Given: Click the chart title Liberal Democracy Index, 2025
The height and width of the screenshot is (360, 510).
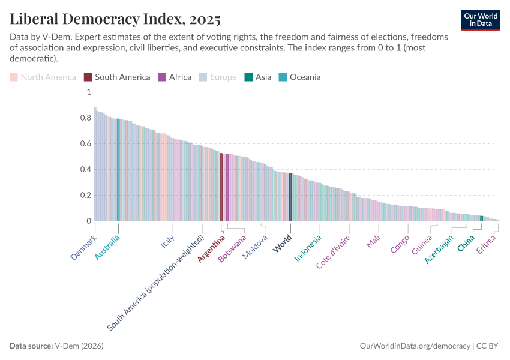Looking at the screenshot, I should [x=115, y=19].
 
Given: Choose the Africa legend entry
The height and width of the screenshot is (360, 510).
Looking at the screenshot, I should [x=175, y=77].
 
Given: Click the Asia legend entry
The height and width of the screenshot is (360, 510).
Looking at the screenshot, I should [x=257, y=77].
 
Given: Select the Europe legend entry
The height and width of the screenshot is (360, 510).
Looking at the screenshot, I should [x=218, y=77].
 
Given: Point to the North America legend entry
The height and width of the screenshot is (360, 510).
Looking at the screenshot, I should [x=43, y=77].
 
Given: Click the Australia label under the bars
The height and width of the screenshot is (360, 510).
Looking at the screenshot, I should [x=107, y=247].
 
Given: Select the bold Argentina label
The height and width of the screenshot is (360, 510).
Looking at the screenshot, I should [x=211, y=248].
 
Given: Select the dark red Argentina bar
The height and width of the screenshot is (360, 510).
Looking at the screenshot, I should [x=221, y=187].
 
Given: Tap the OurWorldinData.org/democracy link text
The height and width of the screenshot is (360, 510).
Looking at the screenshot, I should [x=415, y=346].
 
